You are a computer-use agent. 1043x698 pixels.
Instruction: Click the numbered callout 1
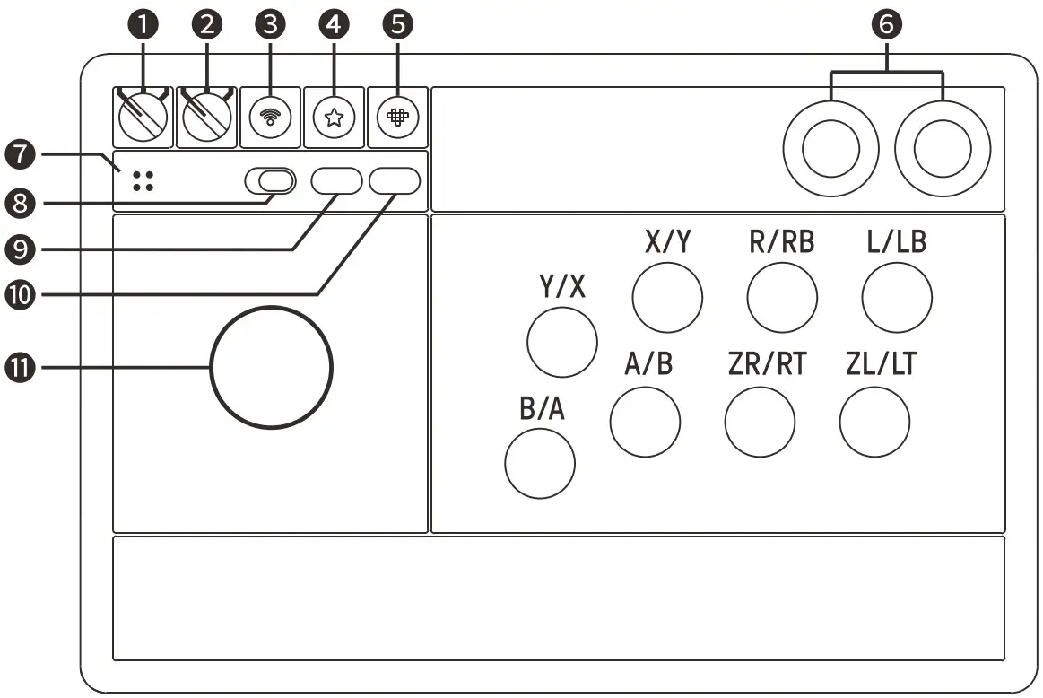(143, 25)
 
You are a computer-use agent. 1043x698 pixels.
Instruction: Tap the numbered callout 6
(886, 25)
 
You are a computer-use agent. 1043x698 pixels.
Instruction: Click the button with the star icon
(335, 118)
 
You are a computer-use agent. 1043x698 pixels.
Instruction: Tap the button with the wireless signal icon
(270, 118)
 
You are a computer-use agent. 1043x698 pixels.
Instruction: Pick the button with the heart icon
(397, 118)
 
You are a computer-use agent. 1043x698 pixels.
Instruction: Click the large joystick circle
(271, 366)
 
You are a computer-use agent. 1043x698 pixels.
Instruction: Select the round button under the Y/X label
(562, 341)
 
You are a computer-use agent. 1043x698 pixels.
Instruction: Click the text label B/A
(542, 409)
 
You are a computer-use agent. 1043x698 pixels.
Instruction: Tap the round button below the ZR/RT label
(760, 422)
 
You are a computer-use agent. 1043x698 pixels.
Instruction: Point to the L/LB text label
(896, 243)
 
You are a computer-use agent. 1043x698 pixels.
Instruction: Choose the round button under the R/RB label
(782, 299)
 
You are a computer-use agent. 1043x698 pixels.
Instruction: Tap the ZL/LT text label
(881, 365)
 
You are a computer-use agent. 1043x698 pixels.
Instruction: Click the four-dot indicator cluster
(143, 180)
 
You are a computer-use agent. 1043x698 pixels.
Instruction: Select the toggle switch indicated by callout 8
(270, 181)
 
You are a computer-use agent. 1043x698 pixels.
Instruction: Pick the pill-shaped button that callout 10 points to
(394, 180)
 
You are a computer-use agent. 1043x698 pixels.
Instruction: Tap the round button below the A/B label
(644, 422)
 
